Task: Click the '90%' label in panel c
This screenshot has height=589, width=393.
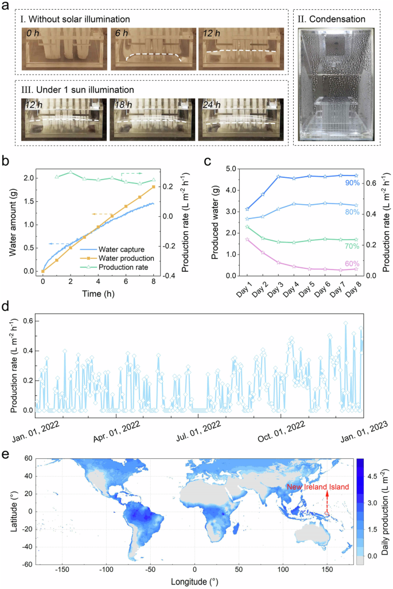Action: (x=352, y=182)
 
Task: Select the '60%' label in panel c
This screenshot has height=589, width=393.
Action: (x=352, y=263)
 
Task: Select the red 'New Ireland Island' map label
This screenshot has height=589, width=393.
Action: (x=318, y=487)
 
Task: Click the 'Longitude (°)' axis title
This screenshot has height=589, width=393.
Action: (x=194, y=582)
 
